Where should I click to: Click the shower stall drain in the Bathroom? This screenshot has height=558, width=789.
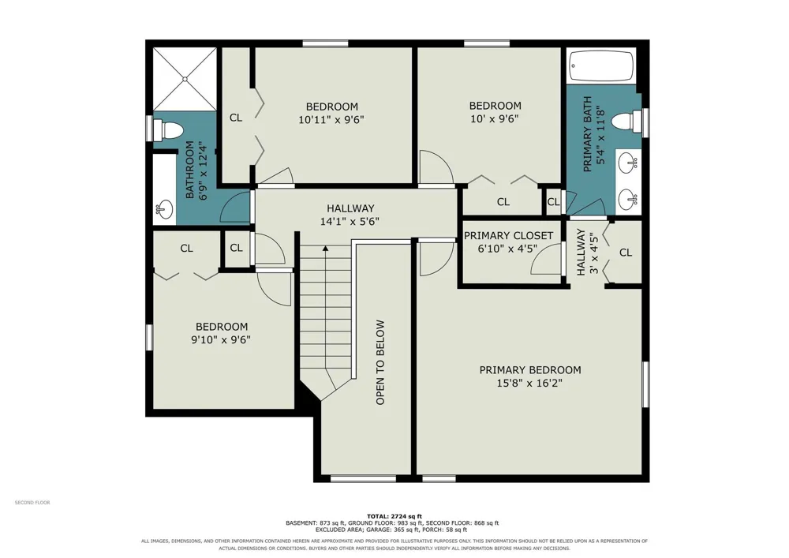coord(185,79)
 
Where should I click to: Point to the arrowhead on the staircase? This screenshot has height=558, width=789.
coord(326,248)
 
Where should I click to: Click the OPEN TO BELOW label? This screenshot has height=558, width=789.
coord(380,362)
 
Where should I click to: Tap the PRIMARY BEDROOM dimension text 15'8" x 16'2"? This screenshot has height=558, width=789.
coord(529,384)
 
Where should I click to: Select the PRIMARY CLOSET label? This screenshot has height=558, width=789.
coord(508,235)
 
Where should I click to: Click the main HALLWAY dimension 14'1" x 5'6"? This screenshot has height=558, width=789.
coord(350,222)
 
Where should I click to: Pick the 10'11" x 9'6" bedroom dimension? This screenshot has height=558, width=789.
coord(331,120)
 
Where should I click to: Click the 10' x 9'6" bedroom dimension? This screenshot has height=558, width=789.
coord(494,118)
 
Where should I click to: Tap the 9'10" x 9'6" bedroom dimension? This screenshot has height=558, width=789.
coord(221,339)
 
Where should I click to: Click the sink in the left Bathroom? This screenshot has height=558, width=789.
coord(164,208)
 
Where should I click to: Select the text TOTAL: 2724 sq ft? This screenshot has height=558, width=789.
coord(394,516)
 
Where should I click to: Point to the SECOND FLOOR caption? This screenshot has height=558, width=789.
coord(32,503)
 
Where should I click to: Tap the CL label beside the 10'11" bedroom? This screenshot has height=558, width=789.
coord(235,118)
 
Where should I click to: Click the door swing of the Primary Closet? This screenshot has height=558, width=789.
coord(547,259)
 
